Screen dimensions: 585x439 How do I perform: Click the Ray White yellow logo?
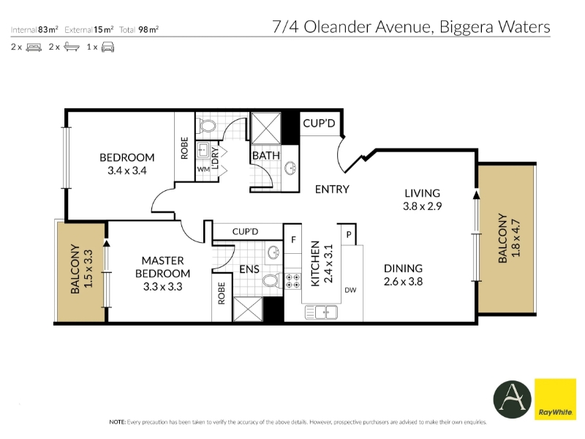(555, 399)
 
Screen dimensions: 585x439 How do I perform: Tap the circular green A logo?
(512, 399)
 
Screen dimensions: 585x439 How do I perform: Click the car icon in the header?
(107, 47)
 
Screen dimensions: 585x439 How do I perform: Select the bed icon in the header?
(34, 47)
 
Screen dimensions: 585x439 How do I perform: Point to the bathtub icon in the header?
(72, 47)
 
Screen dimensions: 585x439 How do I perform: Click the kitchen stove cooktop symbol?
(292, 281)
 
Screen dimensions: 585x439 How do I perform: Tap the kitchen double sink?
(321, 312)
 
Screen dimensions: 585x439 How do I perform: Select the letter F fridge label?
(294, 240)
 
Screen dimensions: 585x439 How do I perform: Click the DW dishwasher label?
(350, 290)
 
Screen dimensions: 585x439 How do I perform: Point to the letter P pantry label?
(349, 234)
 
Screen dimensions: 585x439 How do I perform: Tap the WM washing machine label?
(203, 169)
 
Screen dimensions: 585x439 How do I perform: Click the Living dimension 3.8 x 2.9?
(423, 206)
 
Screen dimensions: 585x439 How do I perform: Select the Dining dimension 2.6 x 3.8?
(404, 282)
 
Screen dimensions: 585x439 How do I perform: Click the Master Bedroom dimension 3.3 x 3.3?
(162, 287)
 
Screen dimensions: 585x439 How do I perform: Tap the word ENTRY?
(332, 190)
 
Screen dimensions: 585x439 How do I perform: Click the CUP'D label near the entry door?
(319, 123)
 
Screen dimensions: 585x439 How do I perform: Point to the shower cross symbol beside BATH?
(266, 128)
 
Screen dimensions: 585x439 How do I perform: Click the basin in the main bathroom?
(290, 168)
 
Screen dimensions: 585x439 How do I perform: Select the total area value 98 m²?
(148, 29)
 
